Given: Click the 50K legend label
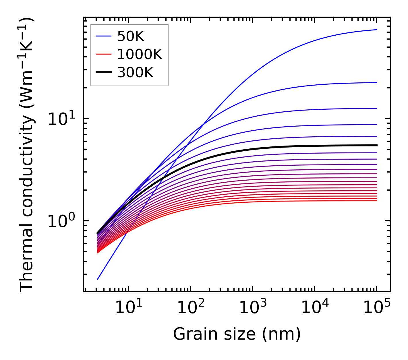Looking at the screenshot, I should point(131,36).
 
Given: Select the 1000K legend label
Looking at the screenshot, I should point(140,54).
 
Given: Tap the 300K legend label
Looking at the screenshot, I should point(135,73).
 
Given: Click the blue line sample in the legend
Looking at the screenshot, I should point(103,36).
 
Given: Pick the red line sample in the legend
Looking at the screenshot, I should point(103,54).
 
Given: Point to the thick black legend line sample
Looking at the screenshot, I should point(103,73).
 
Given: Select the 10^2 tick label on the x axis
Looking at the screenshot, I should point(190,308).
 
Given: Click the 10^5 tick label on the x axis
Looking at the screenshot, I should point(376,308).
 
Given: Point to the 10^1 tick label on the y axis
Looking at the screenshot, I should point(61,119).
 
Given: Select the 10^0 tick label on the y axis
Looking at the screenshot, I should point(61,221).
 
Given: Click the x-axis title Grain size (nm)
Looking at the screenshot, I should point(237,334).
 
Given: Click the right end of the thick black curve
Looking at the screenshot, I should point(376,145).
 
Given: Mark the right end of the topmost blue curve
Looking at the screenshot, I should point(376,30).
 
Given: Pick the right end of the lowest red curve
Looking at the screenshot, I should point(376,201).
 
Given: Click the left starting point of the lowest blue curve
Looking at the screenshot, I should point(98,279).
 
